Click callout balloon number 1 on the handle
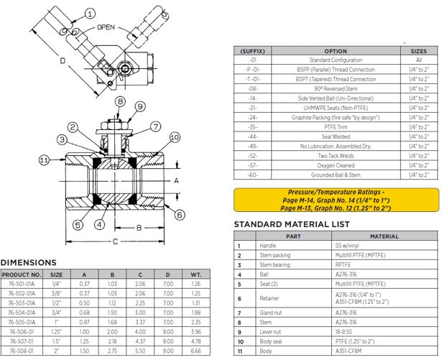[x=89, y=13]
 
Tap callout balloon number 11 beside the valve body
[x=45, y=160]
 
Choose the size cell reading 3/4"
[x=57, y=313]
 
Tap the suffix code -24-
[x=253, y=116]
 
